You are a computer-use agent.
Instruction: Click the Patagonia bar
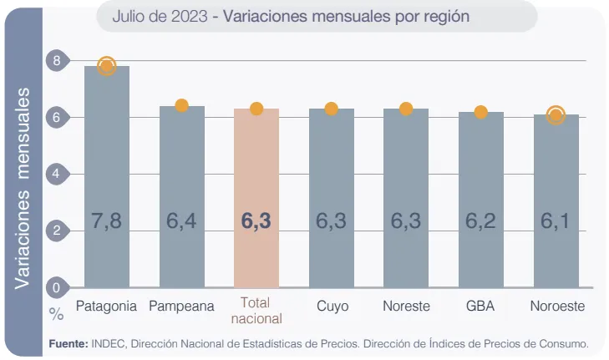pyautogui.click(x=106, y=175)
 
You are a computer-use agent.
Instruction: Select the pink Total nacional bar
pyautogui.click(x=256, y=197)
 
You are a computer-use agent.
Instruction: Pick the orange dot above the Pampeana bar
pyautogui.click(x=181, y=105)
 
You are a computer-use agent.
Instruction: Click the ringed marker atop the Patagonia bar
pyautogui.click(x=106, y=66)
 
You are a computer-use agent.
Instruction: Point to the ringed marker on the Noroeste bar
pyautogui.click(x=556, y=115)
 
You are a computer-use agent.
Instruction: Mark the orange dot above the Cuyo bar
pyautogui.click(x=331, y=109)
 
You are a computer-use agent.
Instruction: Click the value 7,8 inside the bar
pyautogui.click(x=106, y=221)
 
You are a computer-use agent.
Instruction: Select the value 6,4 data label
pyautogui.click(x=181, y=221)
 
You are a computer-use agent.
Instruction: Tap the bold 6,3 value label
pyautogui.click(x=256, y=221)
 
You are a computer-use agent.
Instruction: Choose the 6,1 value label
pyautogui.click(x=556, y=221)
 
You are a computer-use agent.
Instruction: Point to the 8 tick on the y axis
pyautogui.click(x=57, y=60)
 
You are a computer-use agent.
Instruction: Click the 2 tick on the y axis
pyautogui.click(x=57, y=231)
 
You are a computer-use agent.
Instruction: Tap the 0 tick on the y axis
pyautogui.click(x=57, y=287)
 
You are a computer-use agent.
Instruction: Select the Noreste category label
pyautogui.click(x=406, y=307)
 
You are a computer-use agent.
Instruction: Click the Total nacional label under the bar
pyautogui.click(x=256, y=310)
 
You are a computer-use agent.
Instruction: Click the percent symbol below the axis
pyautogui.click(x=56, y=314)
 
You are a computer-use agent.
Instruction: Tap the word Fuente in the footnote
pyautogui.click(x=68, y=343)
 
